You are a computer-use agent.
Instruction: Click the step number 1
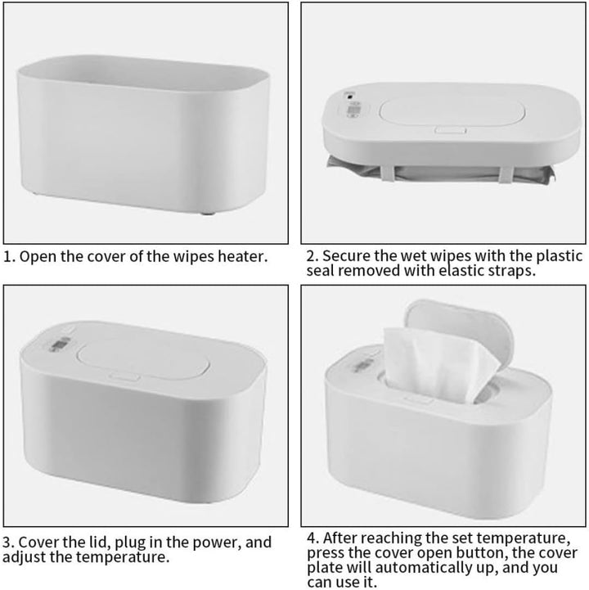(x=8, y=256)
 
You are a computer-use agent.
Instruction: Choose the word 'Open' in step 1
(x=38, y=256)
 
